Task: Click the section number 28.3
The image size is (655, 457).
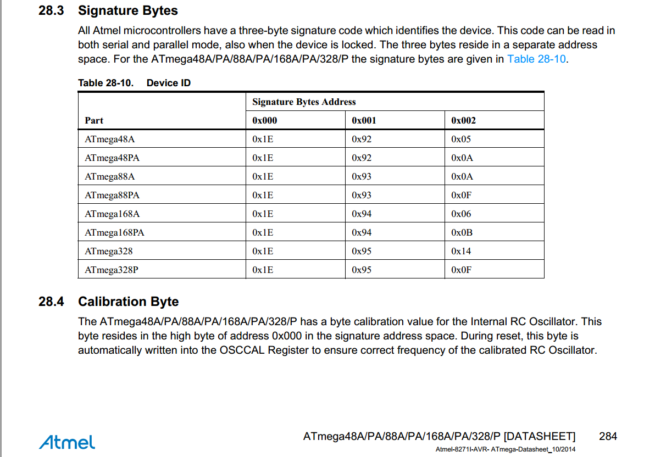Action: pyautogui.click(x=51, y=10)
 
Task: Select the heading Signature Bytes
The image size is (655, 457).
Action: pyautogui.click(x=128, y=10)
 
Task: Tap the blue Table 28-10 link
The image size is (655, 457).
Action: pyautogui.click(x=536, y=59)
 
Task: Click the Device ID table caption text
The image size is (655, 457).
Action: pyautogui.click(x=169, y=83)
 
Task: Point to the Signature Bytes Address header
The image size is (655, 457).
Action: pyautogui.click(x=304, y=102)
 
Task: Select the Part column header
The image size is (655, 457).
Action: pyautogui.click(x=94, y=120)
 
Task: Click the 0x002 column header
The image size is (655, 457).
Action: pyautogui.click(x=463, y=120)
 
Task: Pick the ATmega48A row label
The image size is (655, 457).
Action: pyautogui.click(x=110, y=139)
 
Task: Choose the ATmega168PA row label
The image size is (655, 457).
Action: pyautogui.click(x=114, y=232)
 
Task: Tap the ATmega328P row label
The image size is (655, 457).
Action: pyautogui.click(x=112, y=270)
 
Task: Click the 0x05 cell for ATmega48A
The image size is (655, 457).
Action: pyautogui.click(x=461, y=139)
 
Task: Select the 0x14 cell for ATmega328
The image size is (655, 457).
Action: pyautogui.click(x=461, y=251)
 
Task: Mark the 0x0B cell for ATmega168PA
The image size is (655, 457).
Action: pyautogui.click(x=462, y=232)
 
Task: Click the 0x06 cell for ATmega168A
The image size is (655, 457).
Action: pyautogui.click(x=461, y=214)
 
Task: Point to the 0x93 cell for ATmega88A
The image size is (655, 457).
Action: pyautogui.click(x=362, y=176)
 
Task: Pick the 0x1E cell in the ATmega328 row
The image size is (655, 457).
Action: pyautogui.click(x=263, y=251)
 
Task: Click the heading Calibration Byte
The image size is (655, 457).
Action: pyautogui.click(x=128, y=302)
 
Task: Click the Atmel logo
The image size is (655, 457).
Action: pyautogui.click(x=67, y=442)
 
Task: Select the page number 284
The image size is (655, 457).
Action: pyautogui.click(x=608, y=437)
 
